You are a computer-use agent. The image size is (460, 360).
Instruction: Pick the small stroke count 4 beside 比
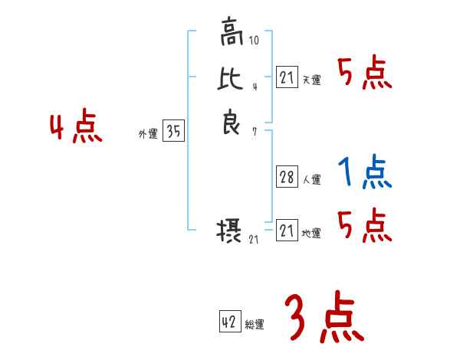255,87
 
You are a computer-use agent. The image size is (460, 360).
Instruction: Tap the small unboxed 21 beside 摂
255,241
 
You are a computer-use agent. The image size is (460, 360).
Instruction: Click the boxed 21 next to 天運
287,77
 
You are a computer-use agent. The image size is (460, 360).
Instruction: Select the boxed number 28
287,177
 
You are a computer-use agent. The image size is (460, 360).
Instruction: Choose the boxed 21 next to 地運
287,230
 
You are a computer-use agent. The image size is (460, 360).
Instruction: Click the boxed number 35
174,132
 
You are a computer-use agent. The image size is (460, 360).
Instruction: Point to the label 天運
311,80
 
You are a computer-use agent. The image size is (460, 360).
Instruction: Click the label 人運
311,181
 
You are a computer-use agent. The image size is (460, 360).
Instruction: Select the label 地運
311,234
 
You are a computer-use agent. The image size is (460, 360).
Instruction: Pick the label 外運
148,134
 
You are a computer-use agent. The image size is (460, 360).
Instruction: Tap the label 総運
255,326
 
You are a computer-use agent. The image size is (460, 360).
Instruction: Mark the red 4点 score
76,128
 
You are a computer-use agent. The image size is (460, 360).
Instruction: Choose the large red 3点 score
324,320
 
